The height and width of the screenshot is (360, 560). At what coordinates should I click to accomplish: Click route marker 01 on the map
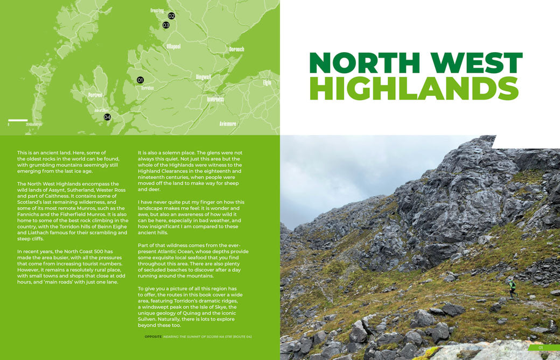pos(140,80)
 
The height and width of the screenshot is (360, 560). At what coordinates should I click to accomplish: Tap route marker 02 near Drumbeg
pos(171,16)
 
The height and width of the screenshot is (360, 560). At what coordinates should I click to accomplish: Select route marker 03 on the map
pos(166,25)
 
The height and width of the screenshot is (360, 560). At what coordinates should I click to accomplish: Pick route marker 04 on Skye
pos(107,117)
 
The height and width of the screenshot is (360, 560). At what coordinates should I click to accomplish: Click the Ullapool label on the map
pos(173,46)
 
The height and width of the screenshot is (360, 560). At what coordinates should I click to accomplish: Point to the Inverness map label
pos(215,100)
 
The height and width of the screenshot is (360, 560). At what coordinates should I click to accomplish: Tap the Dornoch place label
pos(236,49)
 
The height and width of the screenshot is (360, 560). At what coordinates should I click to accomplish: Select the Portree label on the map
pos(95,95)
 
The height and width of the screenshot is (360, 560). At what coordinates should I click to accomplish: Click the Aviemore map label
pos(228,124)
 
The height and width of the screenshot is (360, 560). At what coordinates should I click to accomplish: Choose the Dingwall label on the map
pos(204,77)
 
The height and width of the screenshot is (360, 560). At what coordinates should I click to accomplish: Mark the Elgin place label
pos(267,82)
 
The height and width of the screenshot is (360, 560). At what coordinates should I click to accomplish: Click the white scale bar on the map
pos(18,120)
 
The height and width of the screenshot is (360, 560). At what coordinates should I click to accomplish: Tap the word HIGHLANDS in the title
pos(414,89)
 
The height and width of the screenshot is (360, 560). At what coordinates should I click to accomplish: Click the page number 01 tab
pos(541,348)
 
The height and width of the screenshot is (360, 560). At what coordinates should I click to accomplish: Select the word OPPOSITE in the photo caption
pos(153,337)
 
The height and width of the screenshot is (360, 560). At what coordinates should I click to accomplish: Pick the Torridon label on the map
pos(148,88)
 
